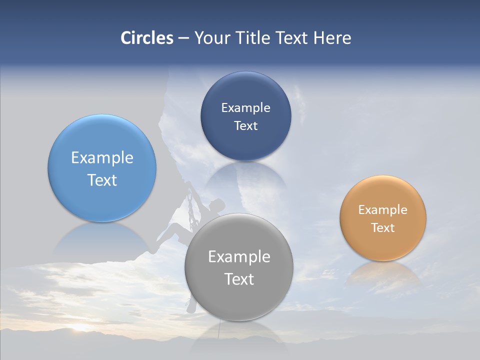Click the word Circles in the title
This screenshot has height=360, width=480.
147,38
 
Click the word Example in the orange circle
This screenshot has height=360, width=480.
383,210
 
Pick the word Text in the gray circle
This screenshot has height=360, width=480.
239,279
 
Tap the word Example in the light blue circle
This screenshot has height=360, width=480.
102,158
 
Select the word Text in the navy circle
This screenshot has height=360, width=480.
245,126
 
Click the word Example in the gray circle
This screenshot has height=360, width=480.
239,257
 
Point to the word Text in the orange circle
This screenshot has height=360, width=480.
383,228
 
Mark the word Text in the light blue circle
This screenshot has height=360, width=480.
102,180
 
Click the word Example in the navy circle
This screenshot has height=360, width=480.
245,108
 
